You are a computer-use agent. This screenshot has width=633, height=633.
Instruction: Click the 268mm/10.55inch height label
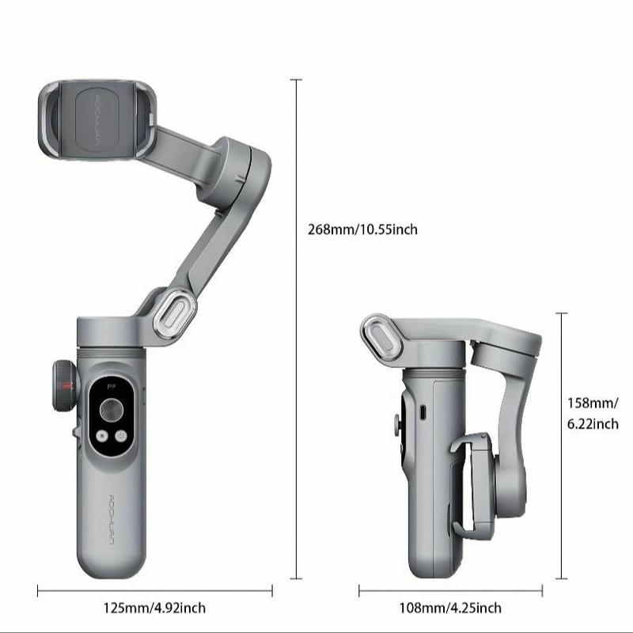point(362,230)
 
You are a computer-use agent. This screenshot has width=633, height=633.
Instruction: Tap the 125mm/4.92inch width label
point(155,608)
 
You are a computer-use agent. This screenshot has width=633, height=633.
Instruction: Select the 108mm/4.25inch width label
point(450,608)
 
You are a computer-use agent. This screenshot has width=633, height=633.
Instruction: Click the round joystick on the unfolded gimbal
point(111,410)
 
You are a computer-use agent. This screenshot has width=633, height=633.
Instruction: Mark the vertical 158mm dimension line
point(563,447)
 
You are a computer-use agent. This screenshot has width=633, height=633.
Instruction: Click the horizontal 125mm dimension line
point(155,589)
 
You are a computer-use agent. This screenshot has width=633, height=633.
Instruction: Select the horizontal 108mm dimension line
point(450,589)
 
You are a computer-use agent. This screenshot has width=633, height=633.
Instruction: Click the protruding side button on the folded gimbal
point(396,424)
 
